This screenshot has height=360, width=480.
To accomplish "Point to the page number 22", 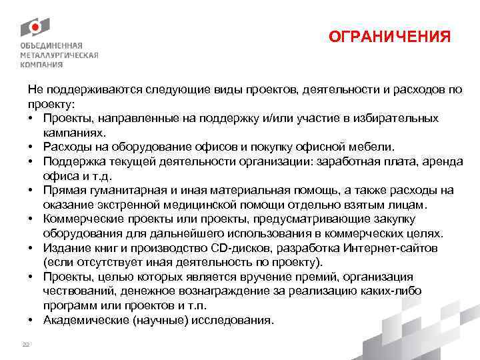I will (26, 344).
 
